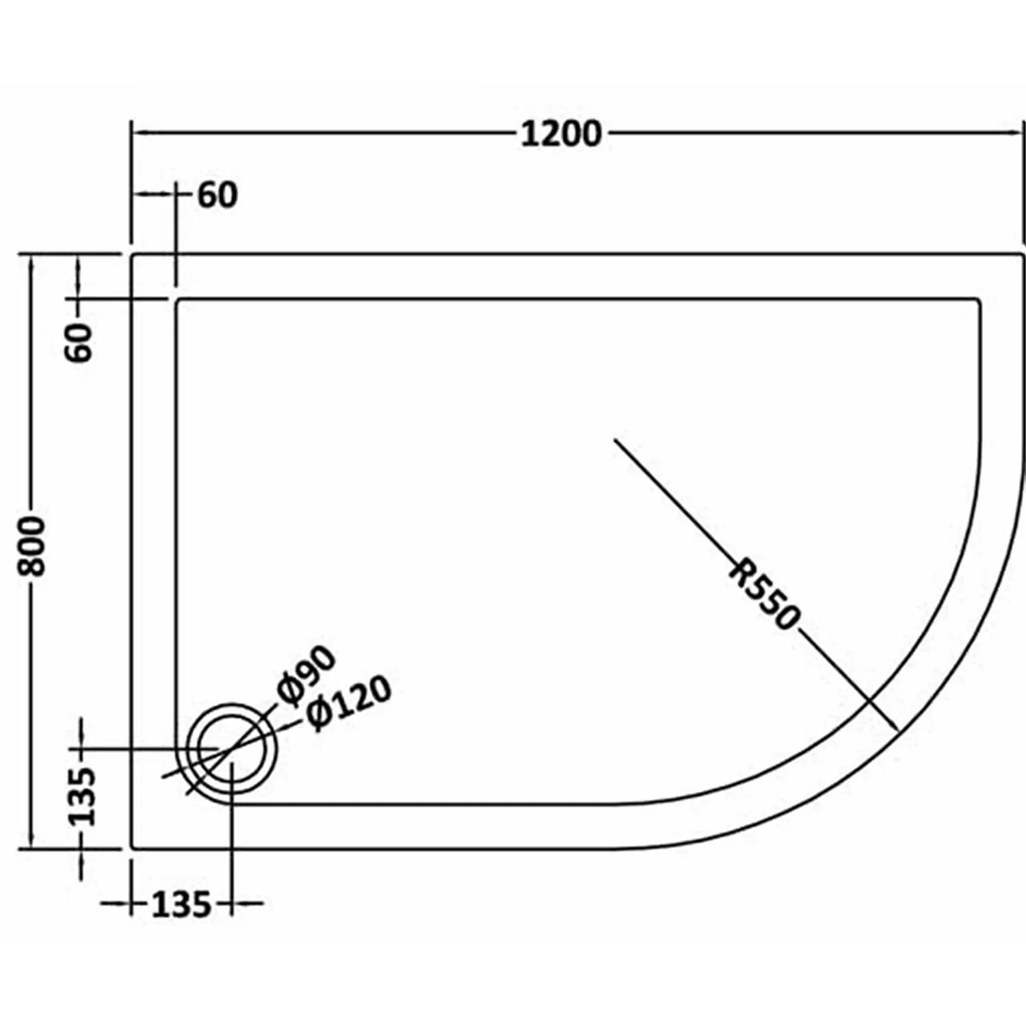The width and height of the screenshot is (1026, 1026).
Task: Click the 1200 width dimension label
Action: click(x=561, y=134)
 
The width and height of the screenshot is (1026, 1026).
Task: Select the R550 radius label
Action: click(x=764, y=594)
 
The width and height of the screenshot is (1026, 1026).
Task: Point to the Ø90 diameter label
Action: click(x=307, y=674)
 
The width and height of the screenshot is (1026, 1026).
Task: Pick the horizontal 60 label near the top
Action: click(x=217, y=196)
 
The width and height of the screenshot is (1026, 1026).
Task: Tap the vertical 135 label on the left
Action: click(x=81, y=797)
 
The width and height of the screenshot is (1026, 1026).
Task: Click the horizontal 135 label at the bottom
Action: click(x=181, y=905)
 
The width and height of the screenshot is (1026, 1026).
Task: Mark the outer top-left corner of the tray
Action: click(x=132, y=254)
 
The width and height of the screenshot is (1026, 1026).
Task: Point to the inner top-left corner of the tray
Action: click(x=178, y=299)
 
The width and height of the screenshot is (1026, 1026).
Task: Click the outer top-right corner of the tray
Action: click(x=1024, y=254)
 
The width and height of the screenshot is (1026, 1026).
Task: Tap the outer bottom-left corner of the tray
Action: click(x=132, y=848)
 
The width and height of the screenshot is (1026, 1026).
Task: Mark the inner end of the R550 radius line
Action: click(x=615, y=439)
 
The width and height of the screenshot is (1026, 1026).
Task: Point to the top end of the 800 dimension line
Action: click(x=31, y=254)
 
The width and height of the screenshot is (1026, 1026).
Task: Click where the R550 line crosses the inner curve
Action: click(x=869, y=702)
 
